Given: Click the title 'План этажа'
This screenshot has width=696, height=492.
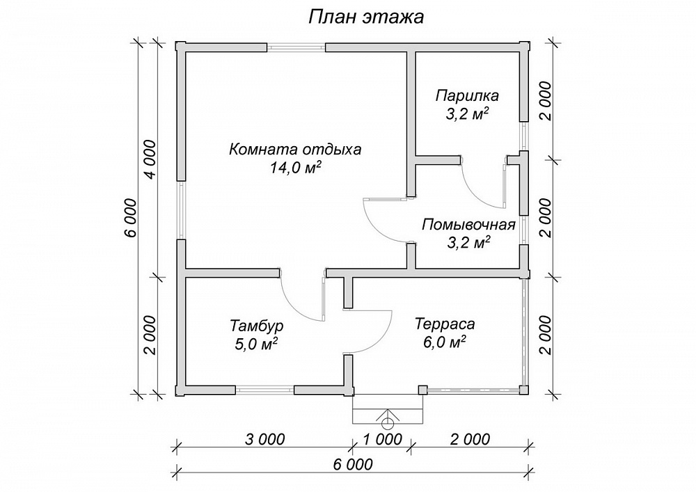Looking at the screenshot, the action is point(366,17).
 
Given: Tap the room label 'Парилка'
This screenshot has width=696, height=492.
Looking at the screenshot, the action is point(467,95).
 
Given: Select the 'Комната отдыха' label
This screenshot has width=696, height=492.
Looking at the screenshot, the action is point(295,150).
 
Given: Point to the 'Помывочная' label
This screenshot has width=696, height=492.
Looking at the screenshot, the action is point(468,225).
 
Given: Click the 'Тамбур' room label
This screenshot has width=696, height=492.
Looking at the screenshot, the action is point(257,326).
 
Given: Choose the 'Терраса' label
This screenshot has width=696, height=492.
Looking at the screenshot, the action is point(445,324).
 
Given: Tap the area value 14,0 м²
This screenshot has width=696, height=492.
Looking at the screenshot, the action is point(295,168).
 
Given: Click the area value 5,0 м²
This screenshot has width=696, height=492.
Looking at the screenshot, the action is point(257,343).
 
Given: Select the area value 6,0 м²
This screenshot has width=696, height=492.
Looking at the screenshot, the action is point(445,342).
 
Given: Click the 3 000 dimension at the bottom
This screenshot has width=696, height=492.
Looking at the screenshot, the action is point(264,439).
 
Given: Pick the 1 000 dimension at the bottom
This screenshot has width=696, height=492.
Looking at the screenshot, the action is point(382,439).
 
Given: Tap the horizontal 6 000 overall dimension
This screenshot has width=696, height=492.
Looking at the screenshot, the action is point(352,464).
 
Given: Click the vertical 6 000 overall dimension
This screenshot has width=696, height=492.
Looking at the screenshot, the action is point(131,219).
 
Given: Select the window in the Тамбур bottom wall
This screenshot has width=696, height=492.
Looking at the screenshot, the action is point(264,390).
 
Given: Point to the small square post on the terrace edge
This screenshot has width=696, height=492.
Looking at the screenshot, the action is point(423,390).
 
